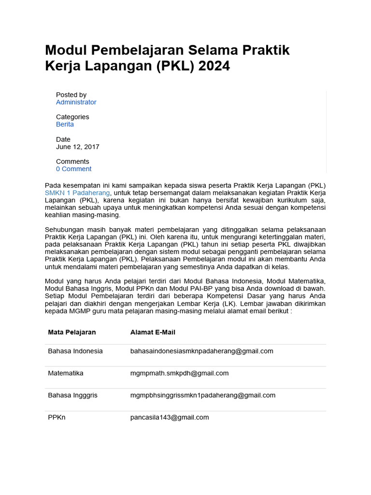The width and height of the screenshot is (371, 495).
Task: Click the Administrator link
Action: (x=76, y=102)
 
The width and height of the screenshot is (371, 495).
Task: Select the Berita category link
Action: (x=65, y=124)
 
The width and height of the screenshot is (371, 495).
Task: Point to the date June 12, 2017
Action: (x=78, y=146)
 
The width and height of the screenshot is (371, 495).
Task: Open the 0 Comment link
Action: (x=73, y=169)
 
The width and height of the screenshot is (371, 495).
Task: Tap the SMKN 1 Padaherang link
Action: (x=77, y=193)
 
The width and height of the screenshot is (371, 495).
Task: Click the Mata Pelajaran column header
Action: (x=71, y=332)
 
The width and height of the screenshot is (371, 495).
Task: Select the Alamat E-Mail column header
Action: (x=153, y=332)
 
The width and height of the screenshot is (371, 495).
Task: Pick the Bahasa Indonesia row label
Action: (x=75, y=351)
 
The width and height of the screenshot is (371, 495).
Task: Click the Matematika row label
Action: (x=66, y=373)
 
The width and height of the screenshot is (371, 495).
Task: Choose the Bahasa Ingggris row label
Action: (x=72, y=395)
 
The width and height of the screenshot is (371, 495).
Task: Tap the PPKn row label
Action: (x=57, y=417)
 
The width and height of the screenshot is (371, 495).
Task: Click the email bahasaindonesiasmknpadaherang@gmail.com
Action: (x=201, y=351)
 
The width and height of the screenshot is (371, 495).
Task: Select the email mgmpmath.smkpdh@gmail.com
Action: (x=179, y=373)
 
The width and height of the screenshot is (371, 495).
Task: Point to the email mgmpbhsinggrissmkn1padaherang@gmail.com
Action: (x=203, y=395)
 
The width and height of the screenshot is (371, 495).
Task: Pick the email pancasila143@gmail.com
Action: (x=170, y=417)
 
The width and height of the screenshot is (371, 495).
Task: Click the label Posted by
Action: (x=71, y=95)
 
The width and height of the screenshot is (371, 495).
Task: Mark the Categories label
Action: (x=72, y=117)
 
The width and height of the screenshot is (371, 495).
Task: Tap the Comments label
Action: (x=72, y=161)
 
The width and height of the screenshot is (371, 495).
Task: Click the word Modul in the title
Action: (x=64, y=50)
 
